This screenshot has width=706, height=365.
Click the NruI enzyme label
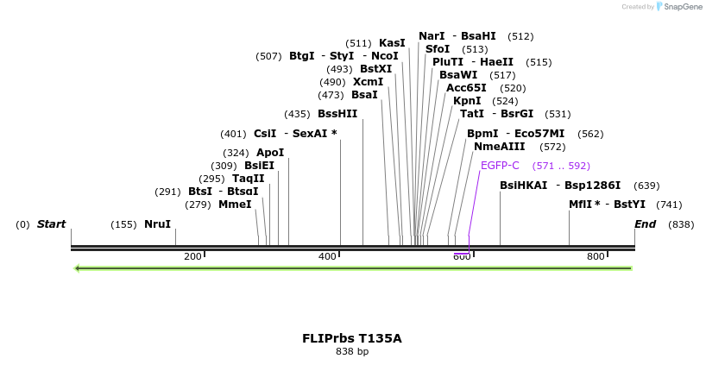tap(157, 224)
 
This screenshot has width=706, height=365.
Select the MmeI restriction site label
tap(235, 205)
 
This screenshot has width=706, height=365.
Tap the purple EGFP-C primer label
tap(500, 166)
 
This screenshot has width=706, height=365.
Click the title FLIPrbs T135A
tap(352, 338)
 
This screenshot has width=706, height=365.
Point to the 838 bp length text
tap(352, 352)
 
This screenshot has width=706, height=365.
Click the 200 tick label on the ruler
tap(192, 257)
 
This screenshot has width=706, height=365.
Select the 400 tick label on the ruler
tap(327, 257)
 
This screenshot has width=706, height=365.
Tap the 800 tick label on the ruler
tap(596, 257)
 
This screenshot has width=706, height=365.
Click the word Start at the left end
tap(51, 224)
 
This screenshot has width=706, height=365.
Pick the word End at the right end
tap(646, 224)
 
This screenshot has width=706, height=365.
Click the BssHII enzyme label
tap(337, 114)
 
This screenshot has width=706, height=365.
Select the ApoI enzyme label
tap(270, 153)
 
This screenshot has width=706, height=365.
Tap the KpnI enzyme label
tap(467, 101)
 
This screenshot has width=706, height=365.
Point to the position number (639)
tap(646, 186)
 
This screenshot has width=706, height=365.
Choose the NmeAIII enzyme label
tap(499, 147)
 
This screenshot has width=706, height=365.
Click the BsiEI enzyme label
tap(259, 166)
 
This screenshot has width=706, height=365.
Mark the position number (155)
tap(123, 224)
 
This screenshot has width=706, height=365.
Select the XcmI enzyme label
tap(368, 82)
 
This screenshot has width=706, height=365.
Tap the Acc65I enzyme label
tap(466, 88)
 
